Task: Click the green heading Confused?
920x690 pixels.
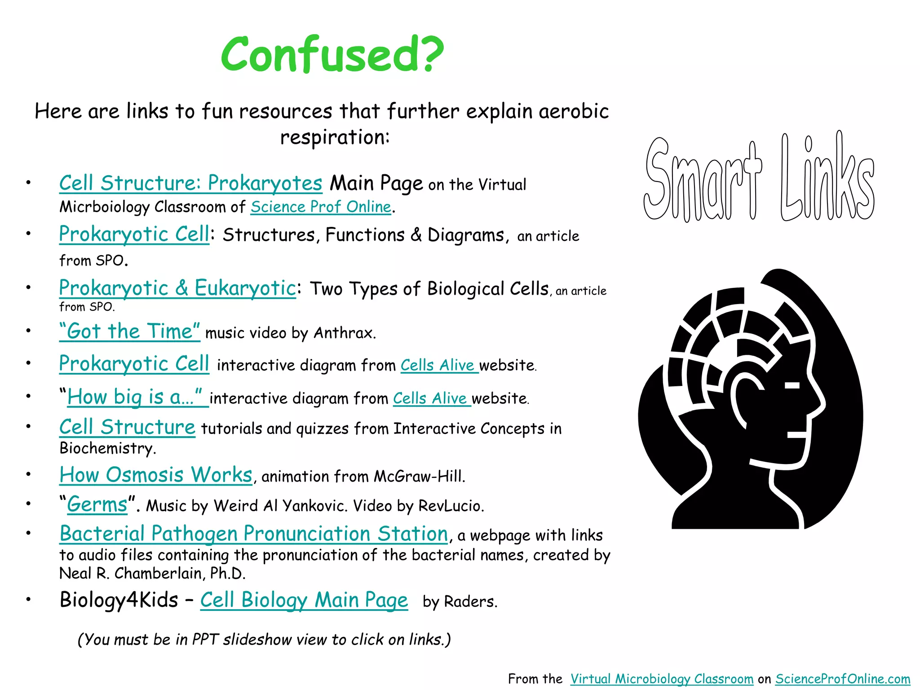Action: (332, 55)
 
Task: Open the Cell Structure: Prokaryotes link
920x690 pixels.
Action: (190, 183)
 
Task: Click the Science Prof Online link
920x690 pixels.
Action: (321, 207)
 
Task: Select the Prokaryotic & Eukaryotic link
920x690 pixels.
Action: (177, 288)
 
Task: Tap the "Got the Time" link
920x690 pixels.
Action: (129, 332)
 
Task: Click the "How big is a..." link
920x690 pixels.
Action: (135, 398)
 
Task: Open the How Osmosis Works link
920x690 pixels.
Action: (156, 475)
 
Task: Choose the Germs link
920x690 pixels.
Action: (97, 505)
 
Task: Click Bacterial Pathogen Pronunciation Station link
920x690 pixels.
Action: (254, 534)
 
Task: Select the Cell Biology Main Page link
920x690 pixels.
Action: (304, 600)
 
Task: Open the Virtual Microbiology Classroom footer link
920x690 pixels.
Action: (662, 679)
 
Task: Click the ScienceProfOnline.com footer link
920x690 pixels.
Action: (843, 679)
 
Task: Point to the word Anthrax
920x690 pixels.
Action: (344, 333)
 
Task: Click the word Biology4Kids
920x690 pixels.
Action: (119, 600)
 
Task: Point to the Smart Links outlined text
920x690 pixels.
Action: (759, 180)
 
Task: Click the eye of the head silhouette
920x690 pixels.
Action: (792, 385)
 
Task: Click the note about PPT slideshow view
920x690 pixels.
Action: (264, 639)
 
